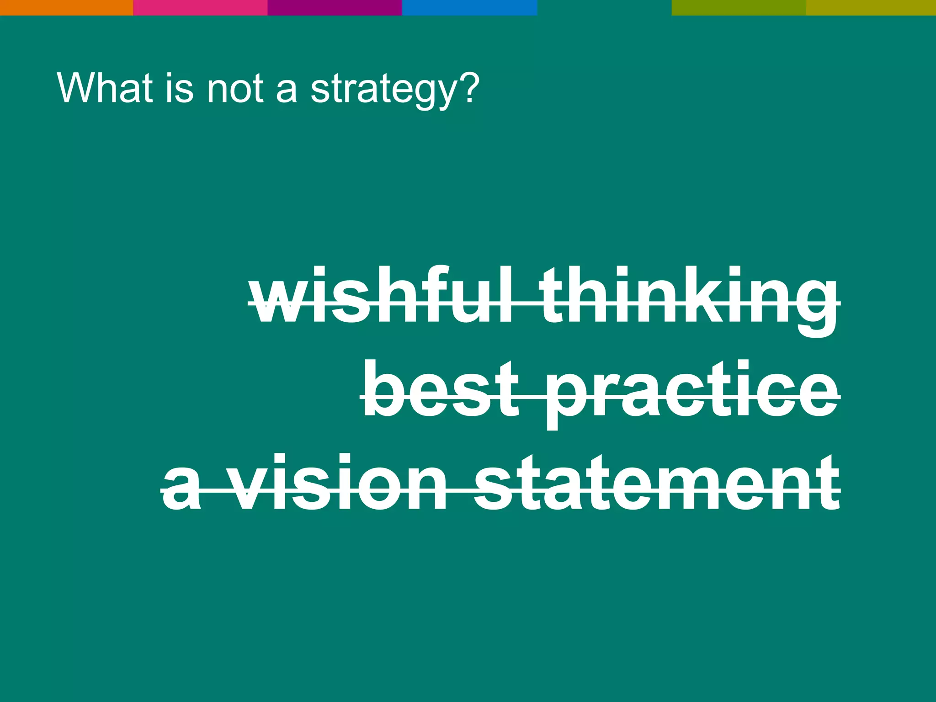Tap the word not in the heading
(x=235, y=88)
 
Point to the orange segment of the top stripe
(x=66, y=7)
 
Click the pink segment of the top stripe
(x=200, y=7)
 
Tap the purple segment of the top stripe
(x=335, y=7)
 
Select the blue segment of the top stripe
(x=469, y=7)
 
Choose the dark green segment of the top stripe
(x=739, y=7)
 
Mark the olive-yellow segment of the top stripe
(x=871, y=7)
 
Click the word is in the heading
(x=179, y=88)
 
